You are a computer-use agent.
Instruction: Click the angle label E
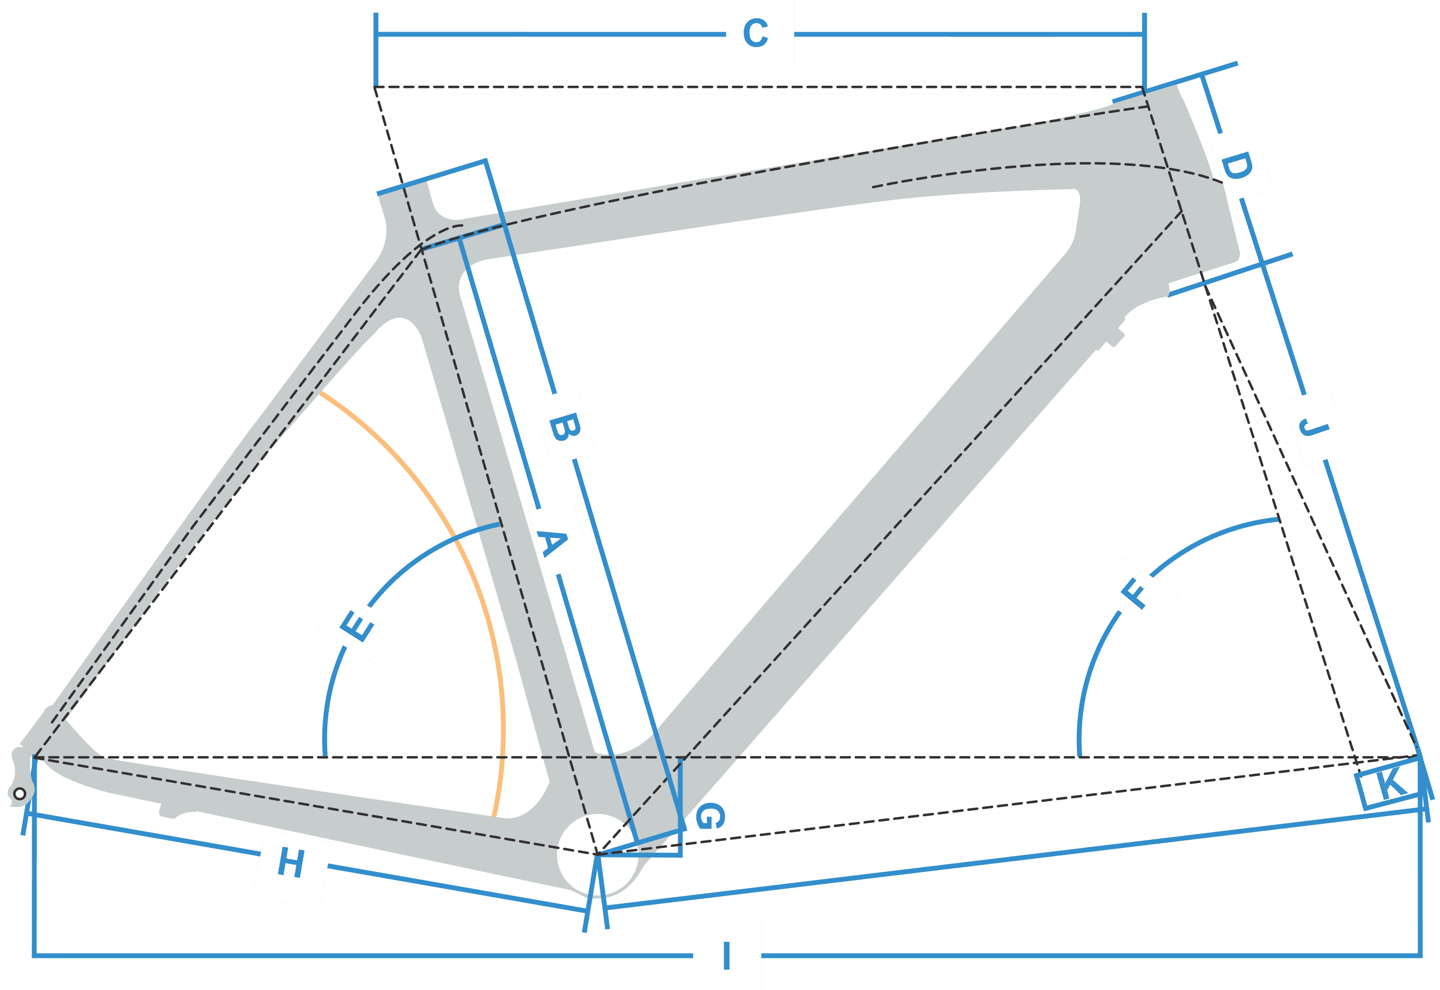tap(357, 626)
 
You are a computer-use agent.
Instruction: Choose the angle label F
tap(1137, 594)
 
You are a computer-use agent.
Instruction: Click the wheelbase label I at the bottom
tap(726, 956)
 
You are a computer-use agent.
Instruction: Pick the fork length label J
tap(1316, 427)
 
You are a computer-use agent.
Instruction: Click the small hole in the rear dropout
tap(19, 793)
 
